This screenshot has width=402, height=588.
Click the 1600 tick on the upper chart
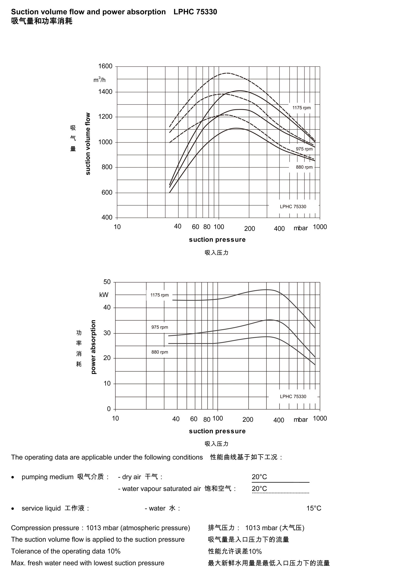(105, 66)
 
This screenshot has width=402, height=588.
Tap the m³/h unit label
(99, 80)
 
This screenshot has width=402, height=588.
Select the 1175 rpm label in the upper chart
(301, 108)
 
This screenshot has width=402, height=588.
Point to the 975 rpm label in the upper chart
(304, 149)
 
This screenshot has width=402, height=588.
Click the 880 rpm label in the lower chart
(160, 352)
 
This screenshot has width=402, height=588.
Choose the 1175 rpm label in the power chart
(159, 295)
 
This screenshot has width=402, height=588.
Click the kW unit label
(104, 295)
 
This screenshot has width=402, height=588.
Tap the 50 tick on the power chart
(107, 282)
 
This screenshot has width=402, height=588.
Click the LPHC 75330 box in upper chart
(293, 207)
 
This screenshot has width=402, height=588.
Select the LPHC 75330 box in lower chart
(293, 397)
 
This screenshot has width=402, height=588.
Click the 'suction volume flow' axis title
(88, 144)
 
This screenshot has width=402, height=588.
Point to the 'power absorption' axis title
(93, 347)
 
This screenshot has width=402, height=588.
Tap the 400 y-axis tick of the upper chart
(107, 218)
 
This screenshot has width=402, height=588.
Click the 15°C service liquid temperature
(314, 508)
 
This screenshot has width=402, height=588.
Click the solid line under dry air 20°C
(280, 482)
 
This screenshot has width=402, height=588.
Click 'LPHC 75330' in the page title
(195, 12)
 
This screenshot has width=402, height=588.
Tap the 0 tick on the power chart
(109, 409)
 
